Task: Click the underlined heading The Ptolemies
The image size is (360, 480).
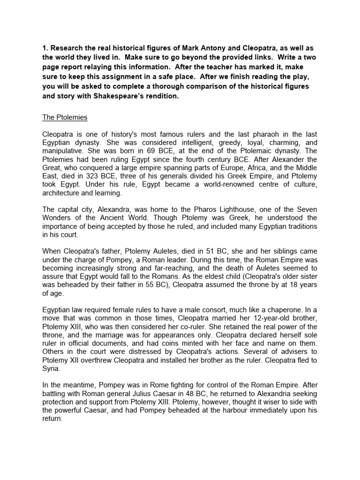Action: (x=65, y=117)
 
